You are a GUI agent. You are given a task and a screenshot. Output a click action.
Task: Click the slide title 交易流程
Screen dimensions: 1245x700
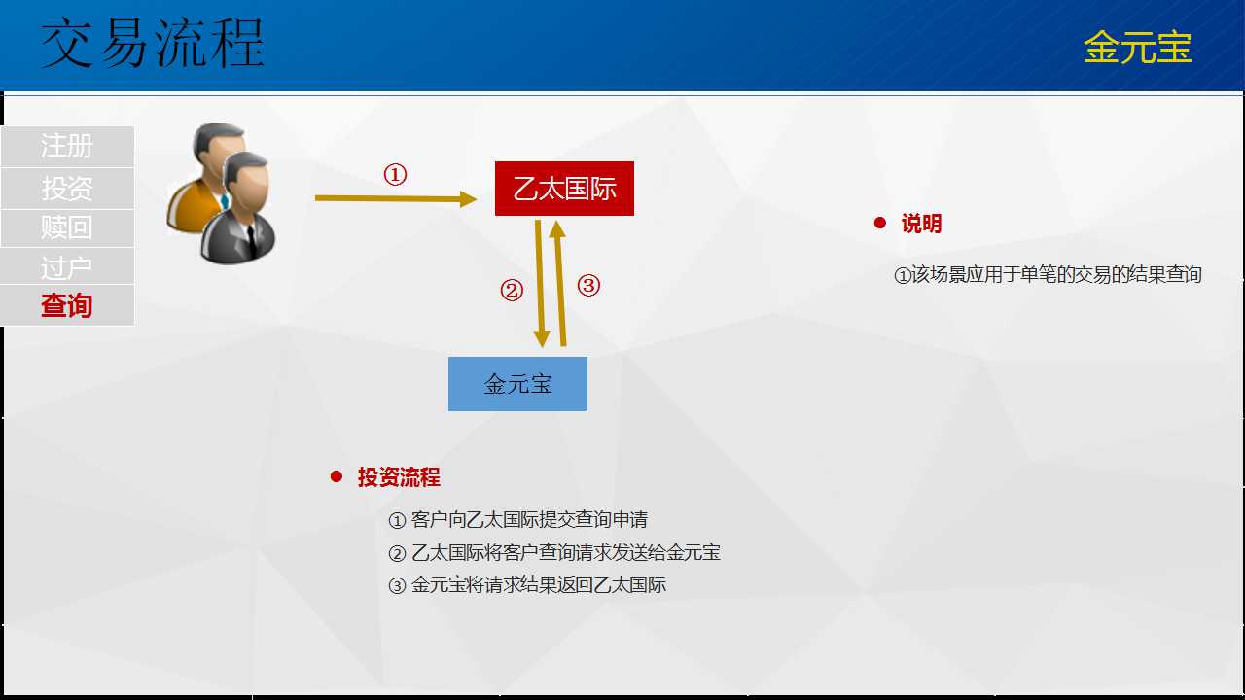click(153, 43)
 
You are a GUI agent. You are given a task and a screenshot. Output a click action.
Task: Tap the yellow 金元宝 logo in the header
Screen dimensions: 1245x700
click(1138, 47)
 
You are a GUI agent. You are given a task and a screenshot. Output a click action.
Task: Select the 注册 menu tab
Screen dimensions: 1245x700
click(67, 146)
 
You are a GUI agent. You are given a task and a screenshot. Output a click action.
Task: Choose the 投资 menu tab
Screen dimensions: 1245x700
click(67, 189)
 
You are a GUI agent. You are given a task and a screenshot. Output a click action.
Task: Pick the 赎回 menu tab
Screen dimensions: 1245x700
click(67, 227)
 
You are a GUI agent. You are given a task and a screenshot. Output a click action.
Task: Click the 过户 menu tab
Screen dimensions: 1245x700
click(67, 267)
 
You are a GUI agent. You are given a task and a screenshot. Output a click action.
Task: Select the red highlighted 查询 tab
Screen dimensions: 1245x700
click(67, 305)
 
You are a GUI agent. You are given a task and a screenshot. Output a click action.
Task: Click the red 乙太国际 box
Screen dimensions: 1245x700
click(564, 189)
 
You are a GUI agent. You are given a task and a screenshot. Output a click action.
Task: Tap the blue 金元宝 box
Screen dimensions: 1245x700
click(517, 384)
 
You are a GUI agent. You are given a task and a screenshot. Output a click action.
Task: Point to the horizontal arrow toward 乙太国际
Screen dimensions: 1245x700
click(396, 198)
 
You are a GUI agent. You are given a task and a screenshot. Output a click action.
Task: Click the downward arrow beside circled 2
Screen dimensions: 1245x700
click(540, 283)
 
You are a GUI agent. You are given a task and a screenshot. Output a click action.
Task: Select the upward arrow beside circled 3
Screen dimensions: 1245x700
click(559, 283)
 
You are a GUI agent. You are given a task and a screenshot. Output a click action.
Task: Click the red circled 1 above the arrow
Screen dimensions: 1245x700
click(395, 174)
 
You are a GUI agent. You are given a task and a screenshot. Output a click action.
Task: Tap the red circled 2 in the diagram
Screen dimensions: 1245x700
click(512, 290)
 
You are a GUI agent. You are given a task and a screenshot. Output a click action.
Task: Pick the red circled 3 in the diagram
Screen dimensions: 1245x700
click(588, 286)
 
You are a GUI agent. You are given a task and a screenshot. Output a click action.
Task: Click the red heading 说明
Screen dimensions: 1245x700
click(921, 224)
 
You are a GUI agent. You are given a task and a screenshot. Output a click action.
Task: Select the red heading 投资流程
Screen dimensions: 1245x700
click(399, 477)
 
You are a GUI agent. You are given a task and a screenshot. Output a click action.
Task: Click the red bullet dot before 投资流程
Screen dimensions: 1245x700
click(337, 476)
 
